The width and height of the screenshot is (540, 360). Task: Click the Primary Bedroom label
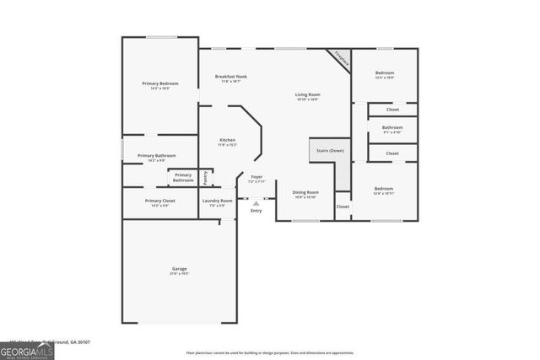pos(160,83)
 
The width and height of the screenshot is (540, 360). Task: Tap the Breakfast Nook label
pos(230,77)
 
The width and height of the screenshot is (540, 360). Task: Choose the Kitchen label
pos(228,140)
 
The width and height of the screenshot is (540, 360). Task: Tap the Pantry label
pos(206,177)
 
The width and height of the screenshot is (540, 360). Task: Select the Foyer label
pos(256,177)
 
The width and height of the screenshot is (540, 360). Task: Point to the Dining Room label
pos(305,192)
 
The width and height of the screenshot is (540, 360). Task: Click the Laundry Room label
pos(217,201)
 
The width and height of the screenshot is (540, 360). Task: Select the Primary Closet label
pos(159,201)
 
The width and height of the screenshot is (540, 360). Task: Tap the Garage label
pos(180,269)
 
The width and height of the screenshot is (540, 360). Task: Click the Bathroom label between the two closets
pos(392,127)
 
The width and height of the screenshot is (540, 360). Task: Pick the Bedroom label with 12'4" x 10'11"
pos(384,189)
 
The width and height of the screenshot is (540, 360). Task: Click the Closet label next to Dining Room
pos(343,207)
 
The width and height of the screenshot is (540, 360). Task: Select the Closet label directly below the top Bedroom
pos(392,110)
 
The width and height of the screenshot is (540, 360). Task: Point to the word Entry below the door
pos(256,210)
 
